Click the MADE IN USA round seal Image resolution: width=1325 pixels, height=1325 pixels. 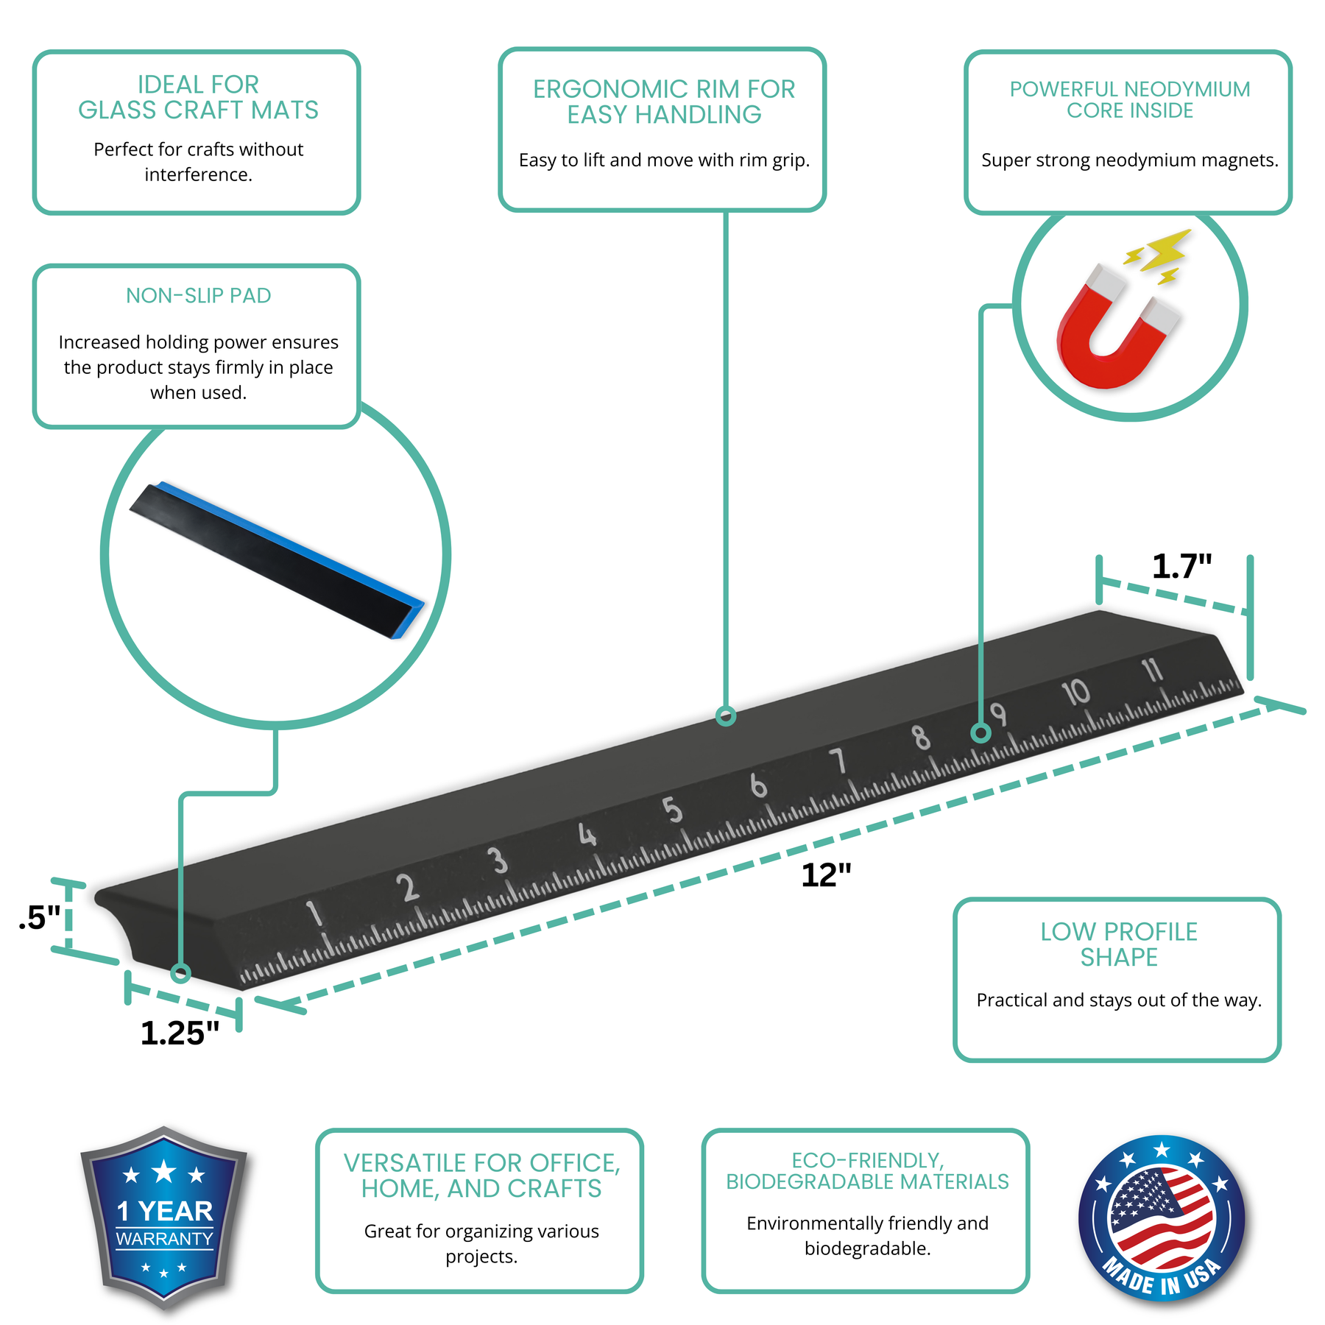(x=1162, y=1218)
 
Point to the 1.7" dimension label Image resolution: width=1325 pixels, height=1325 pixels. (x=1181, y=566)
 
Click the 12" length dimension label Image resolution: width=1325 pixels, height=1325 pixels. (x=826, y=875)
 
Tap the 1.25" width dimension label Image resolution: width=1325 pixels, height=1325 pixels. (x=180, y=1033)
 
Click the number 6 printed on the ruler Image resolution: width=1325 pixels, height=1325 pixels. (x=758, y=785)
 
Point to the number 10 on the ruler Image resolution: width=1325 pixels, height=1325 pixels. (x=1075, y=693)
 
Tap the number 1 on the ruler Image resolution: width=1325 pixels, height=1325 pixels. (x=314, y=914)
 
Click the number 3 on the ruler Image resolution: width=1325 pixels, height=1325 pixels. (x=498, y=861)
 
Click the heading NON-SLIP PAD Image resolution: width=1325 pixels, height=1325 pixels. (x=198, y=296)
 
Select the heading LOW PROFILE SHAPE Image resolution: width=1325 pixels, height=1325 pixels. (x=1118, y=944)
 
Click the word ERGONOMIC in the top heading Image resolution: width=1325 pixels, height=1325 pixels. (x=611, y=89)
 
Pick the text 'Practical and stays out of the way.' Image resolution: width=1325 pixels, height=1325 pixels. (x=1119, y=1000)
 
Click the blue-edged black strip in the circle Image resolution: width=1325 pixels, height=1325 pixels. (x=277, y=560)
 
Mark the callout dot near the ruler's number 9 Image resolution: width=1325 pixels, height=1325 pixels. (x=981, y=733)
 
